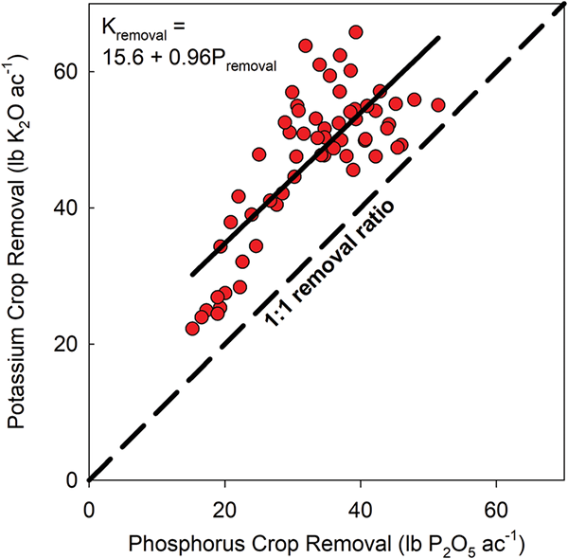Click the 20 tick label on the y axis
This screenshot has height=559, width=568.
[x=66, y=344]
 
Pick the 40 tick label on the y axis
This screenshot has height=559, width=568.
[x=66, y=207]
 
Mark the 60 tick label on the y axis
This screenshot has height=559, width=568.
[x=66, y=72]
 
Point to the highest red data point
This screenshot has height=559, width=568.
[x=356, y=32]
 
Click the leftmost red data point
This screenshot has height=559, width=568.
[x=192, y=329]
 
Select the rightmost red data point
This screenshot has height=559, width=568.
[x=438, y=105]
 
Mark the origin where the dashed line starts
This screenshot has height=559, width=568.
[x=89, y=479]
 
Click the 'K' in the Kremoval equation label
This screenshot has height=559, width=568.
[x=108, y=28]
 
